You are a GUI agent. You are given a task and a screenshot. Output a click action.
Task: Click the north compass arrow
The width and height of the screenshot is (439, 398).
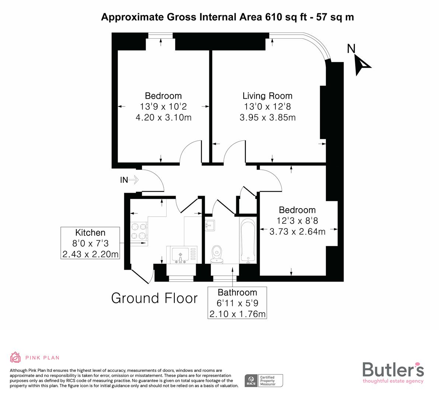coord(362,65)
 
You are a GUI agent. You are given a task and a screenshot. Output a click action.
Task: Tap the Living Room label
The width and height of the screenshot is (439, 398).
coord(267,96)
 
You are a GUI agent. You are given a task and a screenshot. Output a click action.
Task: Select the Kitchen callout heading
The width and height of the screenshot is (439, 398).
coord(90,233)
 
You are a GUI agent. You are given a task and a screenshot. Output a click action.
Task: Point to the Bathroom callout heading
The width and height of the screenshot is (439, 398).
coord(237,292)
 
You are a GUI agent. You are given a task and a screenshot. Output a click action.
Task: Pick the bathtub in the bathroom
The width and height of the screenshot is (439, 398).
coord(247,240)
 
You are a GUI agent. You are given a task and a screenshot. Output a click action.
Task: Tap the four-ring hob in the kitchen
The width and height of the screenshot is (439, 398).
coord(139,231)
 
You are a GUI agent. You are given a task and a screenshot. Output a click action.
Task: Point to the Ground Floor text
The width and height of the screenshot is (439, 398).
coord(154,298)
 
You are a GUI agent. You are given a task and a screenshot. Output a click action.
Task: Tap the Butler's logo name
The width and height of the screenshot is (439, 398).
coord(393,369)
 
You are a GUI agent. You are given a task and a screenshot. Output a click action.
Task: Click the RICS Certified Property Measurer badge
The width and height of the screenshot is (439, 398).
coord(264,380)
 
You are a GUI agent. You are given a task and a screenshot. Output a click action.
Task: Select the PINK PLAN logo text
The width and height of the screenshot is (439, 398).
coord(42,357)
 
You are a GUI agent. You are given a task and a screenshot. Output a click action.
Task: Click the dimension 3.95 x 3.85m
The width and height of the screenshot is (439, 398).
coord(267,118)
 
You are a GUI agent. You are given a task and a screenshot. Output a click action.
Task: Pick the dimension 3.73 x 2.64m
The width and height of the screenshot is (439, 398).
coord(297,231)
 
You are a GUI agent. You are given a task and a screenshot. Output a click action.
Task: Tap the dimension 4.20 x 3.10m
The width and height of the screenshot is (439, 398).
coord(163,118)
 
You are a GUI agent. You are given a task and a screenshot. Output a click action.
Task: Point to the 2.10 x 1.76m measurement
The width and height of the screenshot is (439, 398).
coord(237,314)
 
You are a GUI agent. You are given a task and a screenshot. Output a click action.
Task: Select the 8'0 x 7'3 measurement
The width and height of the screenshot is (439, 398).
coord(90,243)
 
